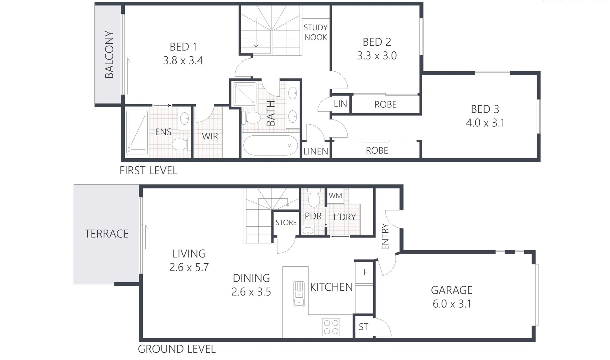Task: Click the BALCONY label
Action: coord(109,55)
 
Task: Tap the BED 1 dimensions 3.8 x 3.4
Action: coord(183,61)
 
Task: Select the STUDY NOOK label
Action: coord(316,32)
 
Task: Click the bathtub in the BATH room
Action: coord(270,145)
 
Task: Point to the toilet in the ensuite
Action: coord(180,144)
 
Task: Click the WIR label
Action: coord(210,136)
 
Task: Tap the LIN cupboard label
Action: coord(340,104)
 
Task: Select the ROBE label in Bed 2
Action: coord(385,105)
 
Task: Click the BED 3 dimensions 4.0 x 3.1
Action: coord(485,123)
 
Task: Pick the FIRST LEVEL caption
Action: coord(148,171)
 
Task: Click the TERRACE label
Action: coord(106,234)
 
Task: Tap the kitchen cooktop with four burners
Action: coord(331,327)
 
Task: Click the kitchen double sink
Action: coord(299,294)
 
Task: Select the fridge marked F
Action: coord(365,272)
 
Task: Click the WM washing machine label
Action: coord(335,196)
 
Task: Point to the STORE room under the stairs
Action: coord(286,223)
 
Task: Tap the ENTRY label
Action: coord(385,237)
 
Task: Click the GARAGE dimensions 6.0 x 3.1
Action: coord(452,304)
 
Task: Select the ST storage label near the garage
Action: coord(363,327)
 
